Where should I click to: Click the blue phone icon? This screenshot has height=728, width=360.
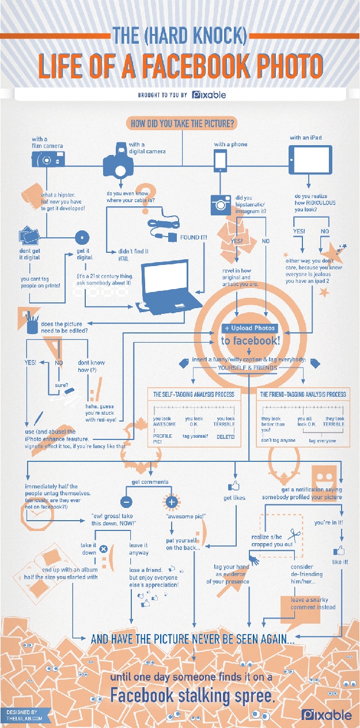click(220, 161)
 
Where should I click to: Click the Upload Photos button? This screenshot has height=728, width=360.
click(249, 328)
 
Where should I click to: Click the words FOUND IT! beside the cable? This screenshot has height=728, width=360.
click(193, 236)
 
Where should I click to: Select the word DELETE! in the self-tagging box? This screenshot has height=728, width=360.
click(225, 437)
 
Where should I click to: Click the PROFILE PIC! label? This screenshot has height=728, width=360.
click(162, 439)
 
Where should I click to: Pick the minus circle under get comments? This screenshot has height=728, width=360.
click(127, 500)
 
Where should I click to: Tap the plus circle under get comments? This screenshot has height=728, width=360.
click(171, 502)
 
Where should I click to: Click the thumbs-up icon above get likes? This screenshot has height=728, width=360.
click(234, 485)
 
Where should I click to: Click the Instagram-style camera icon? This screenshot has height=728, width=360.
click(219, 204)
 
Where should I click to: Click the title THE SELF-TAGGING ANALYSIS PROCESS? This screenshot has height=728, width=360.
click(193, 395)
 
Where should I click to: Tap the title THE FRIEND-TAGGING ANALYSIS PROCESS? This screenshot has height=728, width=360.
click(303, 395)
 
